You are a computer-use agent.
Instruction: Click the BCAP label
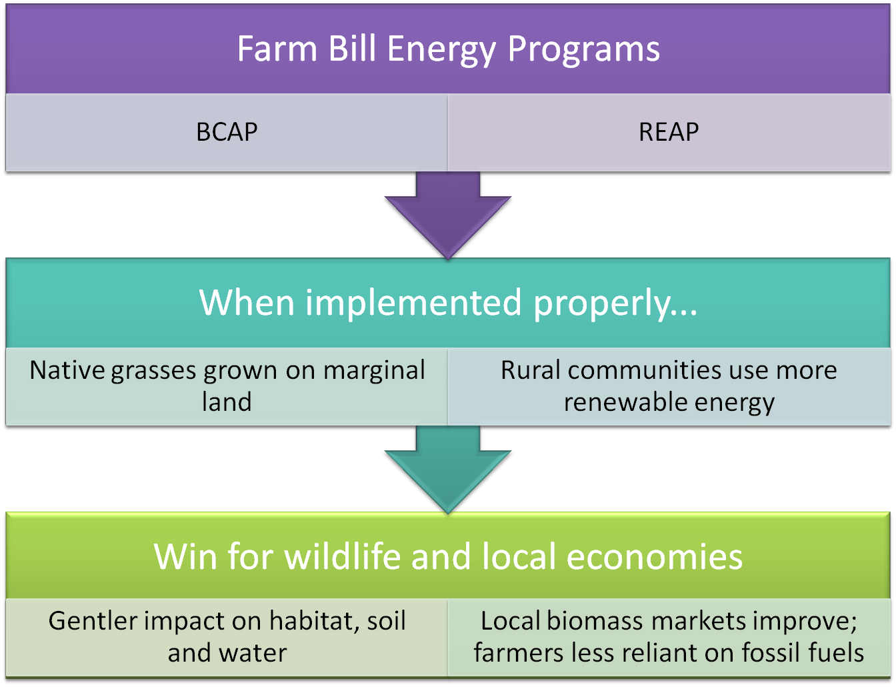point(227,132)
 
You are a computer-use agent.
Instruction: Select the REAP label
point(669,132)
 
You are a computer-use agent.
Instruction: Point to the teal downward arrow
point(448,470)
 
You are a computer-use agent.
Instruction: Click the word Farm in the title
point(277,49)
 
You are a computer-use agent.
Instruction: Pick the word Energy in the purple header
point(441,50)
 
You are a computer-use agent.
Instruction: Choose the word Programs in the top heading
point(583,50)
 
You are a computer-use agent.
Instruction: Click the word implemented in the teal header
point(413,303)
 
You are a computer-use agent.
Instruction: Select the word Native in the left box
point(67,370)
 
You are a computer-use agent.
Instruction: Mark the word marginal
point(374,371)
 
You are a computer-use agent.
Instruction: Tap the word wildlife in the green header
point(343,556)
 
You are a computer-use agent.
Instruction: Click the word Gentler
point(93,620)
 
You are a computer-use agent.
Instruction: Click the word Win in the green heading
point(185,556)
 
